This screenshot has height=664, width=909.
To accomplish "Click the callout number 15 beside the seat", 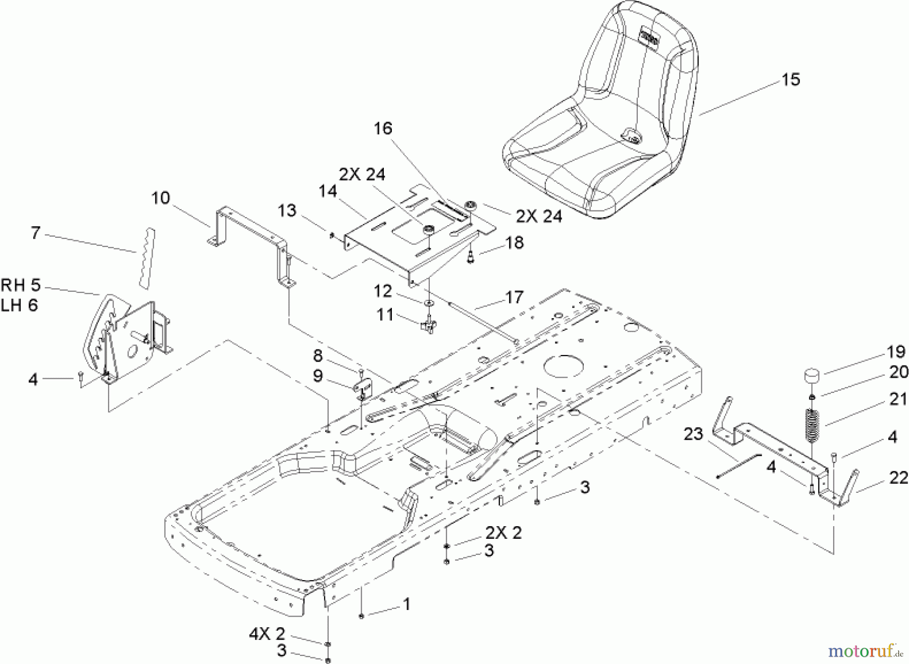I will pos(791,80).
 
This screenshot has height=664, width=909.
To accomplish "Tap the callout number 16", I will pos(383,129).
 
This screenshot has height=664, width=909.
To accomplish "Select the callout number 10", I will pos(161,198).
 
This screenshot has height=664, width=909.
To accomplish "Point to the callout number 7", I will pos(35,233).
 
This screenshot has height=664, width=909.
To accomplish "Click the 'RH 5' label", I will pos(21,285).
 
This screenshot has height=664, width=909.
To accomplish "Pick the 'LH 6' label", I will pos(20,305).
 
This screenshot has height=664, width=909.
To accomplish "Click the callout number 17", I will pos(514,297).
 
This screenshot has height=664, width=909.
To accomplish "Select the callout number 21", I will pos(898,399).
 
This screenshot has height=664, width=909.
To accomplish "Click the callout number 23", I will pos(693,434).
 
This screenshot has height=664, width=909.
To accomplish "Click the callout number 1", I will pos(407,603).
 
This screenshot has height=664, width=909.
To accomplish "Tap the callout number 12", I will pos(383,292).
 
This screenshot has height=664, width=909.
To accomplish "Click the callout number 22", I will pos(898,478).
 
